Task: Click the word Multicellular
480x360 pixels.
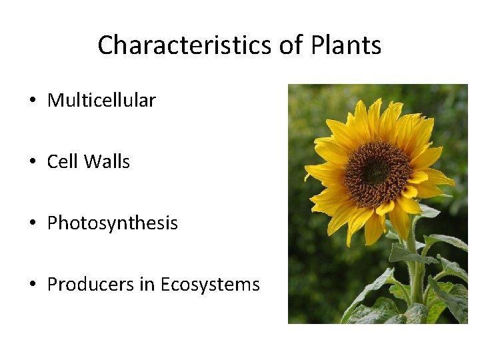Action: click(x=101, y=101)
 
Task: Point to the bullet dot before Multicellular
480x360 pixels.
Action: click(x=32, y=101)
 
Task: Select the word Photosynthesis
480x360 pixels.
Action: click(x=112, y=223)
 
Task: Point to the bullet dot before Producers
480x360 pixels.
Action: click(x=32, y=285)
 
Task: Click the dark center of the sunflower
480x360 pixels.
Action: click(x=377, y=171)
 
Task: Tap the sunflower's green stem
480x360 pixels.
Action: click(x=415, y=267)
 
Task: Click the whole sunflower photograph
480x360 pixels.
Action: click(x=377, y=203)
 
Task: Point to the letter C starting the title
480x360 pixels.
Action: click(x=105, y=45)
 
